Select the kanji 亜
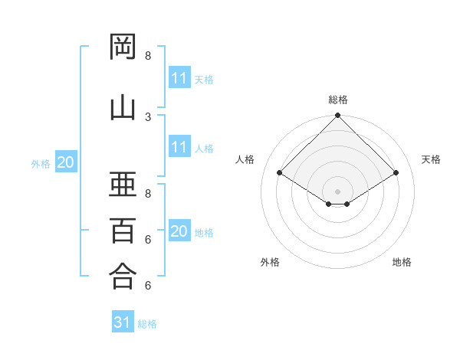click(x=123, y=185)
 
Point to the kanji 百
click(x=123, y=231)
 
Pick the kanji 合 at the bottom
click(x=123, y=277)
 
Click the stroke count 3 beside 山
click(x=148, y=116)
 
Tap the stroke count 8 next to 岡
click(x=148, y=56)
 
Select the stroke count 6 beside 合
click(x=148, y=286)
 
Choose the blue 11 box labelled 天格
click(x=179, y=78)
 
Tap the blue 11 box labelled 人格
click(x=179, y=147)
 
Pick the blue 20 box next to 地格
click(x=179, y=231)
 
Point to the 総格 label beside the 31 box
click(x=147, y=324)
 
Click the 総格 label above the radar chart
click(x=337, y=100)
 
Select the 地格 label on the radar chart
click(x=402, y=262)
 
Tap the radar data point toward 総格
click(x=337, y=116)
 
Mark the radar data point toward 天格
click(x=396, y=173)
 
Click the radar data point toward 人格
click(x=279, y=173)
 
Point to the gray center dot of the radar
click(x=337, y=191)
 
